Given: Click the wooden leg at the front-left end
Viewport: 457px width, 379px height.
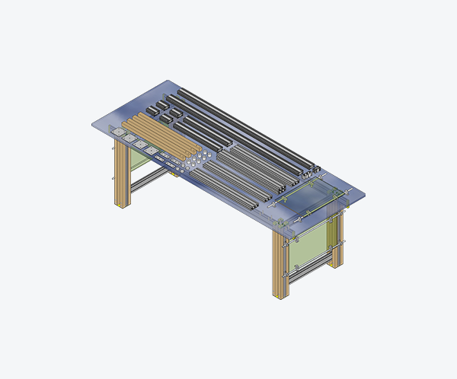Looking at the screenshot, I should [122, 175].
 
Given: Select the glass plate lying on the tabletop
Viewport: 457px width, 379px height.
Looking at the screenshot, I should [308, 199].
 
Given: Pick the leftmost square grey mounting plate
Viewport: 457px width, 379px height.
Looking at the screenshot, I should [119, 132].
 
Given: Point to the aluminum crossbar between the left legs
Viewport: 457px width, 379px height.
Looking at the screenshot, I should [149, 179].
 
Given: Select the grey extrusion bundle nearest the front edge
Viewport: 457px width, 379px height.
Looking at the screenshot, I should [228, 190].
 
